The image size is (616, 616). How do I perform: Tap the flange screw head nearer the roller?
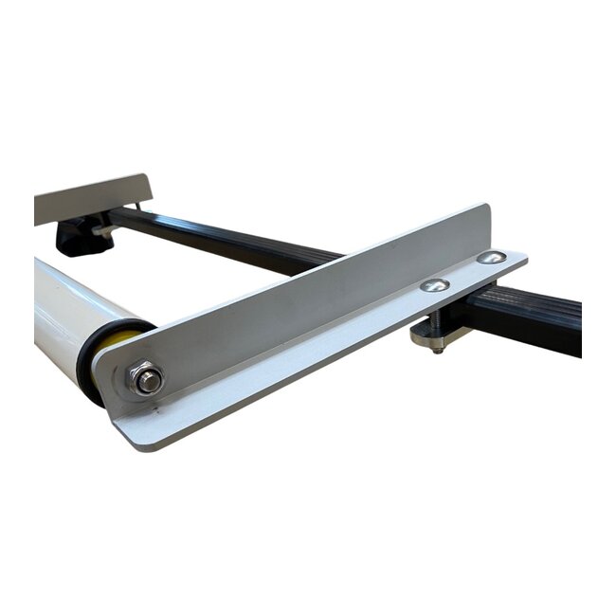point(434,285)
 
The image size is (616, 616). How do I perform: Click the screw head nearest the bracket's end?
point(490,258)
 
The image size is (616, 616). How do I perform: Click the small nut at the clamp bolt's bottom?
point(437,349)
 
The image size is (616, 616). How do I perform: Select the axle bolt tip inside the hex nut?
point(149,382)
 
